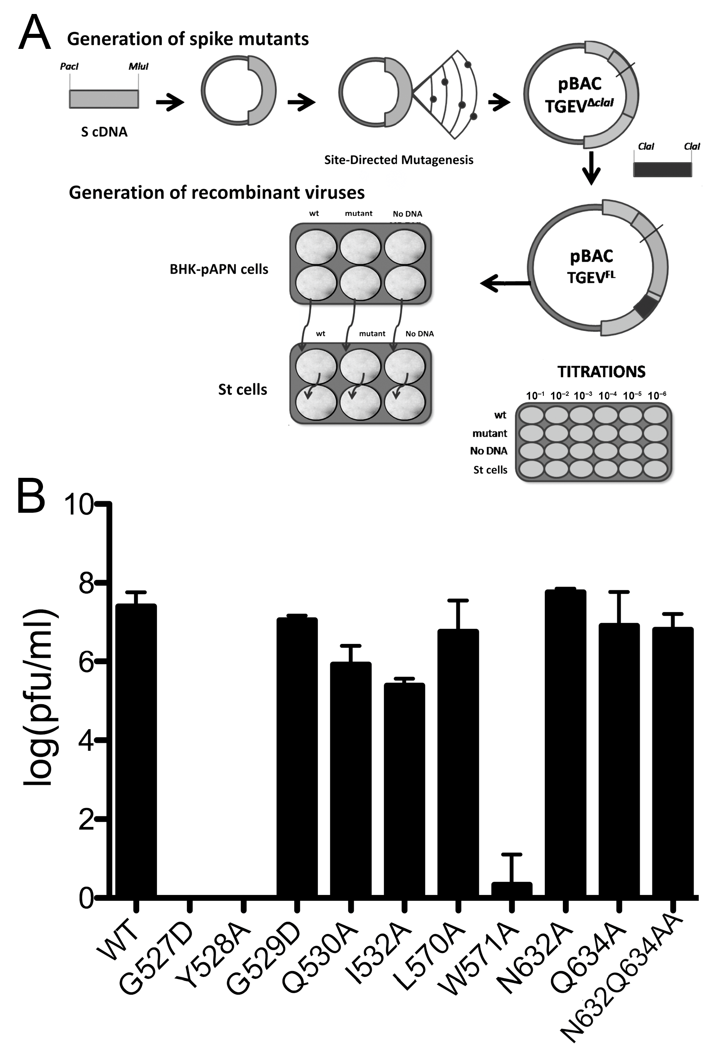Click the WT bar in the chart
tap(136, 749)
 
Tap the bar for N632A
tap(565, 742)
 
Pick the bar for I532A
tap(404, 790)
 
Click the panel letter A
tap(34, 33)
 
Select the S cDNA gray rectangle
tap(104, 99)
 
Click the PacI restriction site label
tap(69, 67)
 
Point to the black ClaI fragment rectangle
tap(662, 169)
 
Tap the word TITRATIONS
tap(601, 372)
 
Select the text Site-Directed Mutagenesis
tap(399, 160)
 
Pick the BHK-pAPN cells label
tap(219, 269)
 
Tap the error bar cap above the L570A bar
tap(458, 601)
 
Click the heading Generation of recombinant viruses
tap(217, 193)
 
